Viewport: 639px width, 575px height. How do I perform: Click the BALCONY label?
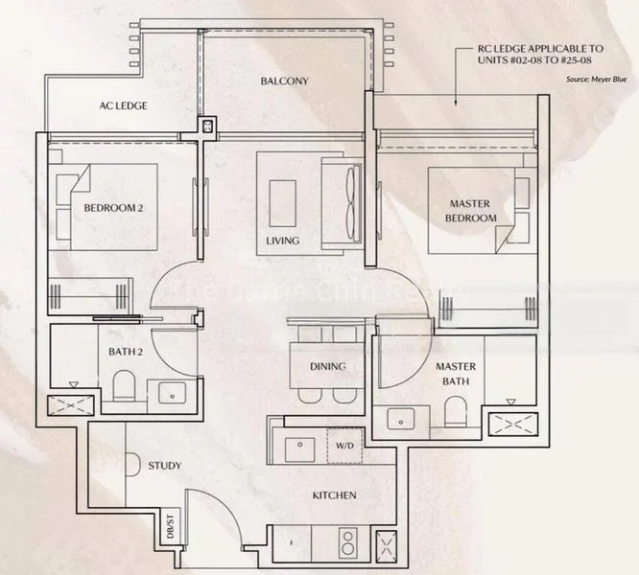coord(284,80)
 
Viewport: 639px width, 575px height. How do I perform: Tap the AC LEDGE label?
coord(124,105)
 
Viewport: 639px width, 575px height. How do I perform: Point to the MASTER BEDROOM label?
coord(469,211)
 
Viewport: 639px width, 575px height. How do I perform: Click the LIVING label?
coord(283,241)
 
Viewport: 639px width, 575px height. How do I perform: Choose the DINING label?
coord(327,366)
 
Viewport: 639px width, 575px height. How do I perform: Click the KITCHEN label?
coord(334,495)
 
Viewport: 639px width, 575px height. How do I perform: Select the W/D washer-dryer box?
coord(343,446)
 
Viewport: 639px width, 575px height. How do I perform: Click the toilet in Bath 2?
coord(123,388)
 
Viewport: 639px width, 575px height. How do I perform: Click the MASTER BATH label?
coord(456,375)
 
